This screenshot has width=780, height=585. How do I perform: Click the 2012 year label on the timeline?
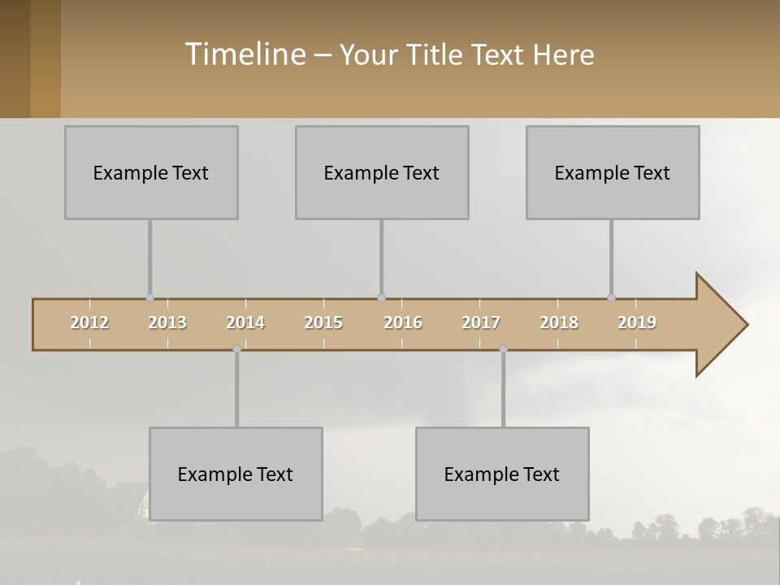[89, 323]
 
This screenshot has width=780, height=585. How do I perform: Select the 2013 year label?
[167, 323]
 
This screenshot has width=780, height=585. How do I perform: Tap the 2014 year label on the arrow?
[245, 323]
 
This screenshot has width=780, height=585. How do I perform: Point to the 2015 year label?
[323, 323]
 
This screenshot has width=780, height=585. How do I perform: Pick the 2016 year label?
[403, 323]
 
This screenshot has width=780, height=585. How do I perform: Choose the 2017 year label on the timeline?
[481, 323]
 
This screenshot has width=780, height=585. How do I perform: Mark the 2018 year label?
[559, 323]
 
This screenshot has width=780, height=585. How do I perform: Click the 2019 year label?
[637, 323]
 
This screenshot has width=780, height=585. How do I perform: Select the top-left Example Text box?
[151, 172]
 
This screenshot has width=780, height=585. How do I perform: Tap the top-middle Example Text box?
[382, 172]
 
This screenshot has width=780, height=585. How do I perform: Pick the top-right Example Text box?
[613, 172]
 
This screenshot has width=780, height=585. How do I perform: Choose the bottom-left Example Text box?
[236, 474]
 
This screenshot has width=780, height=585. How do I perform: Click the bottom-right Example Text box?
[502, 474]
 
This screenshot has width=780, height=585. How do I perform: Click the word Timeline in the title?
[244, 54]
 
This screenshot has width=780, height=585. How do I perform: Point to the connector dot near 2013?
[149, 298]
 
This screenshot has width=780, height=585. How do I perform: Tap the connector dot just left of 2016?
[381, 298]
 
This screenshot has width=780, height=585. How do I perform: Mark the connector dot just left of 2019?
[611, 298]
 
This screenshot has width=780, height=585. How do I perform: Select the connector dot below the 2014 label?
[236, 349]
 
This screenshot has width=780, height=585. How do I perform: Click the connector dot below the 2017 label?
[503, 349]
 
